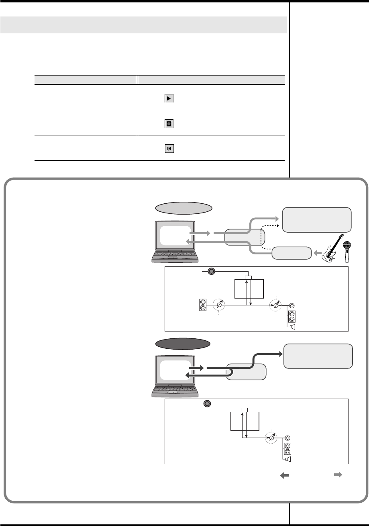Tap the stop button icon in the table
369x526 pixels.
point(169,124)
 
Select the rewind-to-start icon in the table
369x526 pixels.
point(169,149)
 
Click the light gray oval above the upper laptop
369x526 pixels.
point(183,208)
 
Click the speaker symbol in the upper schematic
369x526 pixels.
point(292,327)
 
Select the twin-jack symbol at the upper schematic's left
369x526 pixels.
point(203,305)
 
